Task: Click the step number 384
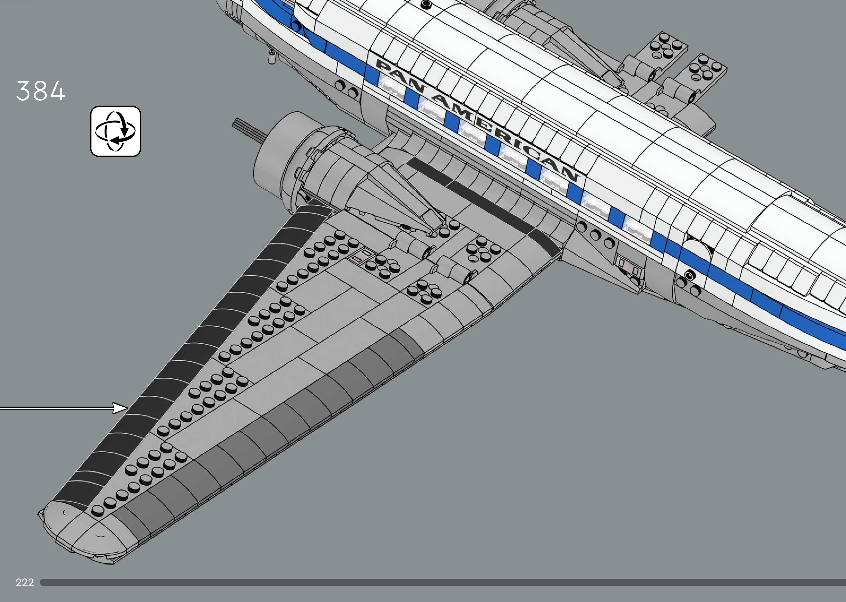point(40,91)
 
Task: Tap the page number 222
point(24,582)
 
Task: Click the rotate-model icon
point(116,131)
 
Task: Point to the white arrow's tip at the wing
point(126,408)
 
